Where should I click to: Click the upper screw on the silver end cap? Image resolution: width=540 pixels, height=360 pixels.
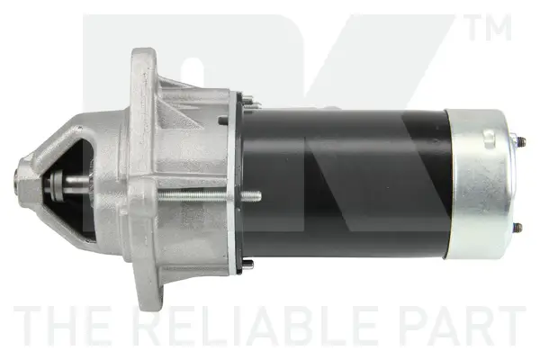[x=519, y=140]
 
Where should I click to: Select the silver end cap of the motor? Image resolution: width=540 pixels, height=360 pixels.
[x=483, y=184]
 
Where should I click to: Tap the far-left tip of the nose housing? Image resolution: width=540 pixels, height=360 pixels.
[x=19, y=180]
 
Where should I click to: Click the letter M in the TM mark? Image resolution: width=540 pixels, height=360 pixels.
[x=500, y=29]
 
